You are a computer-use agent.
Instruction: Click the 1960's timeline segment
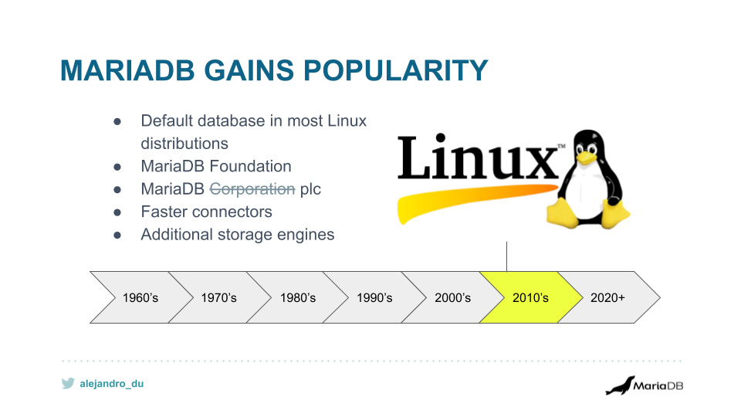[x=140, y=297]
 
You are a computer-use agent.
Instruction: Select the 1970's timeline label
[x=218, y=297]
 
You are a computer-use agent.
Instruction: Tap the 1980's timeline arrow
[x=297, y=297]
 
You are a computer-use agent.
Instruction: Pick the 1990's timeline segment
[x=374, y=297]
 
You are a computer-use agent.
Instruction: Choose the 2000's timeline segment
[x=452, y=297]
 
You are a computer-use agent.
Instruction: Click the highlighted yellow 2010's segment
[x=530, y=297]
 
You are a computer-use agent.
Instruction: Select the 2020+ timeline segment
[x=608, y=297]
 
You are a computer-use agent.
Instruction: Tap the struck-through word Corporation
[x=252, y=189]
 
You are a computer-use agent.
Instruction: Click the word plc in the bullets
[x=310, y=189]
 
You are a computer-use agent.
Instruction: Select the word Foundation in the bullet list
[x=252, y=166]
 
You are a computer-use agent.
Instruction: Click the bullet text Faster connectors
[x=206, y=212]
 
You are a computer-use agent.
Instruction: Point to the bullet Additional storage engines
[x=237, y=234]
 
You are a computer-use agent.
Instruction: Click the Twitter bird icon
[x=68, y=383]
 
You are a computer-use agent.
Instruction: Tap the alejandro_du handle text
[x=112, y=383]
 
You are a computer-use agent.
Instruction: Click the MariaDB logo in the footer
[x=644, y=385]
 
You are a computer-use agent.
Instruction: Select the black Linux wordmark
[x=479, y=158]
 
